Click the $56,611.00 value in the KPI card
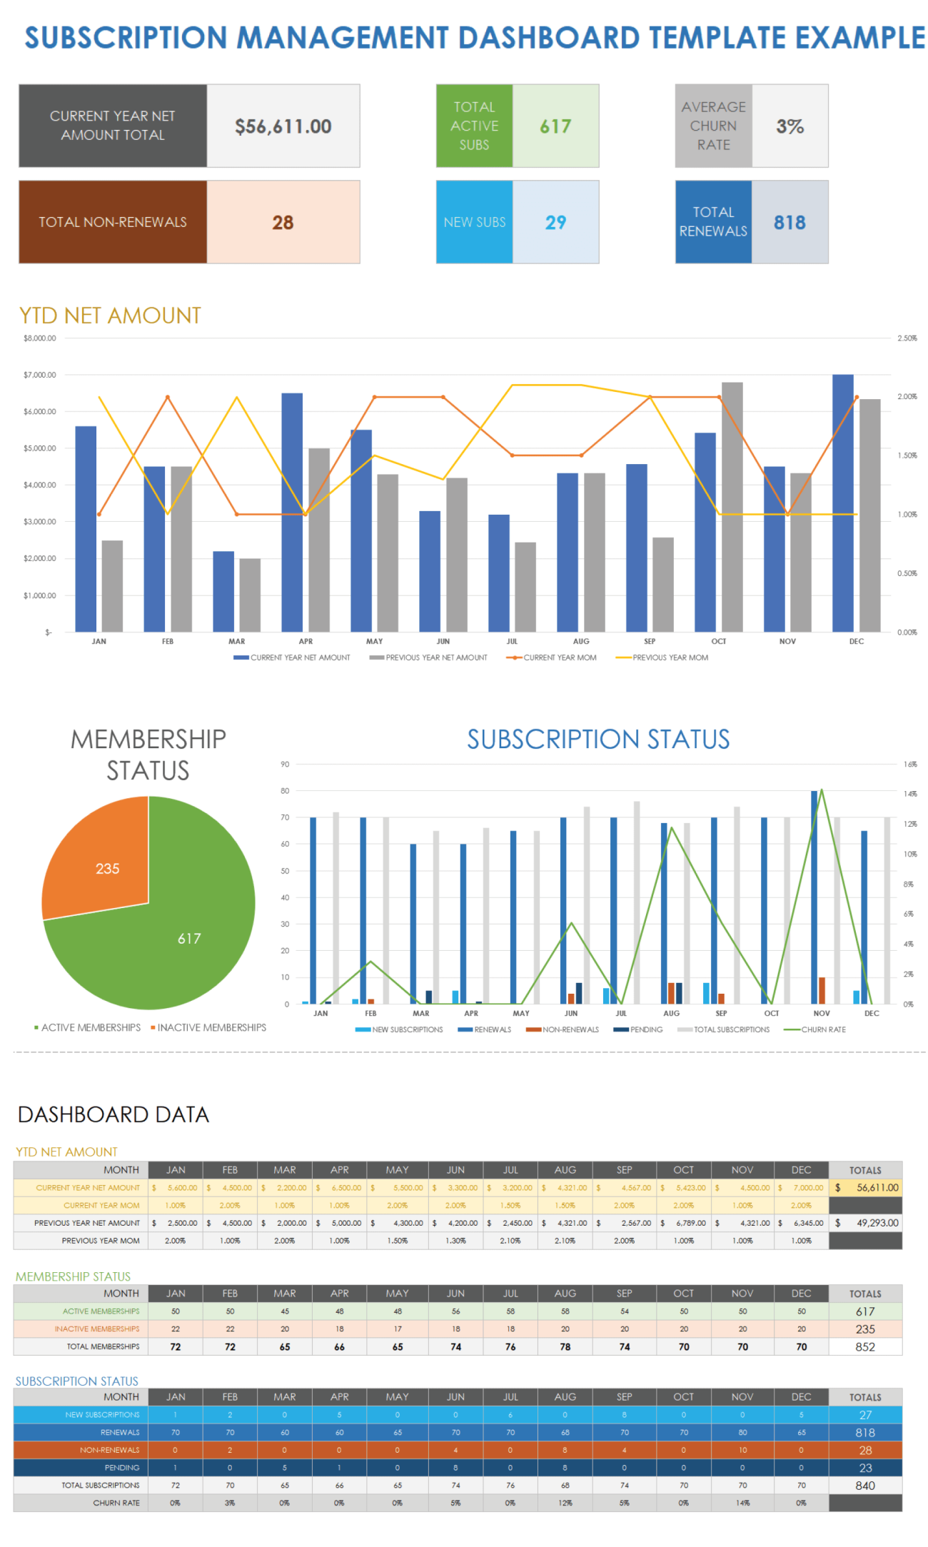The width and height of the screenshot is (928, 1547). pos(283,126)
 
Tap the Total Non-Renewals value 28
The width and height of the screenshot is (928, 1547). pos(283,223)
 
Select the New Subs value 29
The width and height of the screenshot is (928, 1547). pos(555,223)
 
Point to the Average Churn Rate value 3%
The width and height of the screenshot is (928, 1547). pos(790,126)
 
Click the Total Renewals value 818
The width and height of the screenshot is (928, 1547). pos(790,223)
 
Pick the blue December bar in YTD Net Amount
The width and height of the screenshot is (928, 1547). pos(842,503)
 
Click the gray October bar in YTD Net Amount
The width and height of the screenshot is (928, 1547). pos(732,507)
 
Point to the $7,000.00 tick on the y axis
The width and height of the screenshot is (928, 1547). pos(39,375)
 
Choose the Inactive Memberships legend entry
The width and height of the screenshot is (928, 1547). pos(211,1027)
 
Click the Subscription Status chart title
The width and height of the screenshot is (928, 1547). pos(598,739)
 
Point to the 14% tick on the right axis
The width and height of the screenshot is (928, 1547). pos(910,794)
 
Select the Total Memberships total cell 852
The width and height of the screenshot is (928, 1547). pos(865,1347)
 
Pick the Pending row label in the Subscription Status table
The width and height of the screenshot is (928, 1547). pos(122,1468)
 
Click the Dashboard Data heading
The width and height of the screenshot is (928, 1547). pos(114,1114)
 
